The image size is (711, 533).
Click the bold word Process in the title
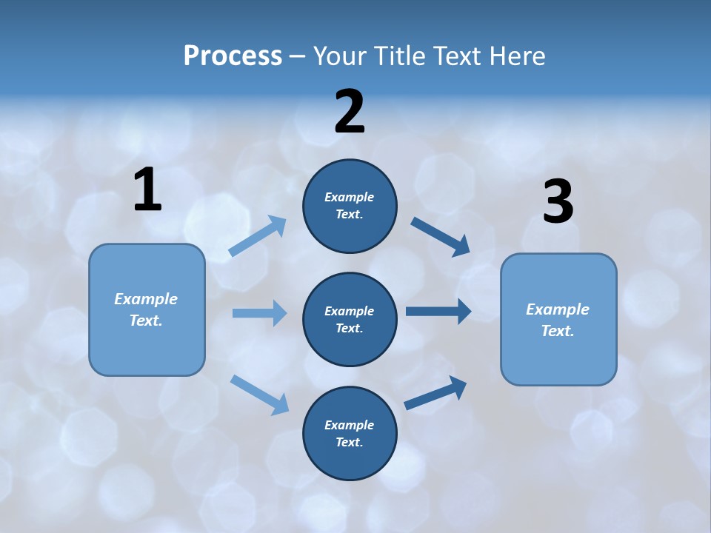pos(233,56)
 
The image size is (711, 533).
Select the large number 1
pos(147,190)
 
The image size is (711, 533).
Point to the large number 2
pos(350,112)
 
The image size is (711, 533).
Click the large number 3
pos(558,202)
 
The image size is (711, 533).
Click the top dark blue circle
pos(350,229)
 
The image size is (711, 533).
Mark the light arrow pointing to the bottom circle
pos(259,394)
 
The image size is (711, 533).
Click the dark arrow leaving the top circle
pos(441,236)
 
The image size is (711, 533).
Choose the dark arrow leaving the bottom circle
pos(435,392)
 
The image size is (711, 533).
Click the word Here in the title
pos(515,56)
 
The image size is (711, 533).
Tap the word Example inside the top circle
pos(350,197)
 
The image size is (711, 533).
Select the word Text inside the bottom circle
pos(348,442)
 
